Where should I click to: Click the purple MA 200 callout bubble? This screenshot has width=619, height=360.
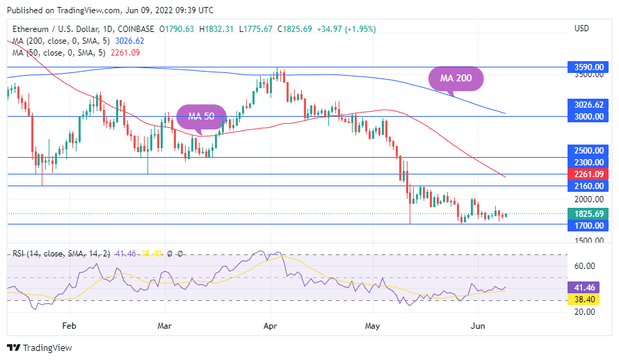[x=455, y=79]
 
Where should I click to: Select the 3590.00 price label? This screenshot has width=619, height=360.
[x=588, y=67]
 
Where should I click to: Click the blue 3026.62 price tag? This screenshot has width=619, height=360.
[x=588, y=105]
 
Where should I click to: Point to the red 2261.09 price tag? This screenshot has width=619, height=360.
[x=588, y=174]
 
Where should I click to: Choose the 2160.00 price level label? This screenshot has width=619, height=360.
[x=588, y=186]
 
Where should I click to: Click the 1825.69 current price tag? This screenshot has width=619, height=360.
[x=588, y=213]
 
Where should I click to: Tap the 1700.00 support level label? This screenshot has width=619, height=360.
[x=588, y=225]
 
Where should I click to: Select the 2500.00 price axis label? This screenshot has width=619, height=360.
[x=588, y=150]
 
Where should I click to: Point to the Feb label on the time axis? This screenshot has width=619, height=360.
[x=68, y=325]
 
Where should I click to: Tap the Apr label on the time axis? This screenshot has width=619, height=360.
[x=271, y=325]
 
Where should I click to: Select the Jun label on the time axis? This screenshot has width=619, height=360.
[x=478, y=325]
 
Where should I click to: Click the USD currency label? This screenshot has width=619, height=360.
[x=581, y=28]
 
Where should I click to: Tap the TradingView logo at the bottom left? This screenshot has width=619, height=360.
[x=40, y=347]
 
